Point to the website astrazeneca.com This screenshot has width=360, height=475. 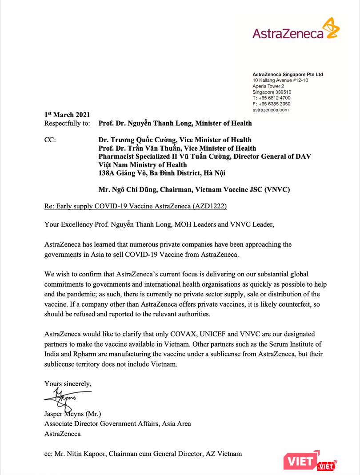click(271, 109)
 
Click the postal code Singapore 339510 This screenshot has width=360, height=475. click(272, 92)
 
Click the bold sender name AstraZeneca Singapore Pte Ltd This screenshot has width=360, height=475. click(288, 74)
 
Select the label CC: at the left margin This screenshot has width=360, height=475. click(50, 140)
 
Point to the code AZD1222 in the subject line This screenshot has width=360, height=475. click(215, 207)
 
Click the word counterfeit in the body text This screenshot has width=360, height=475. click(269, 304)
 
